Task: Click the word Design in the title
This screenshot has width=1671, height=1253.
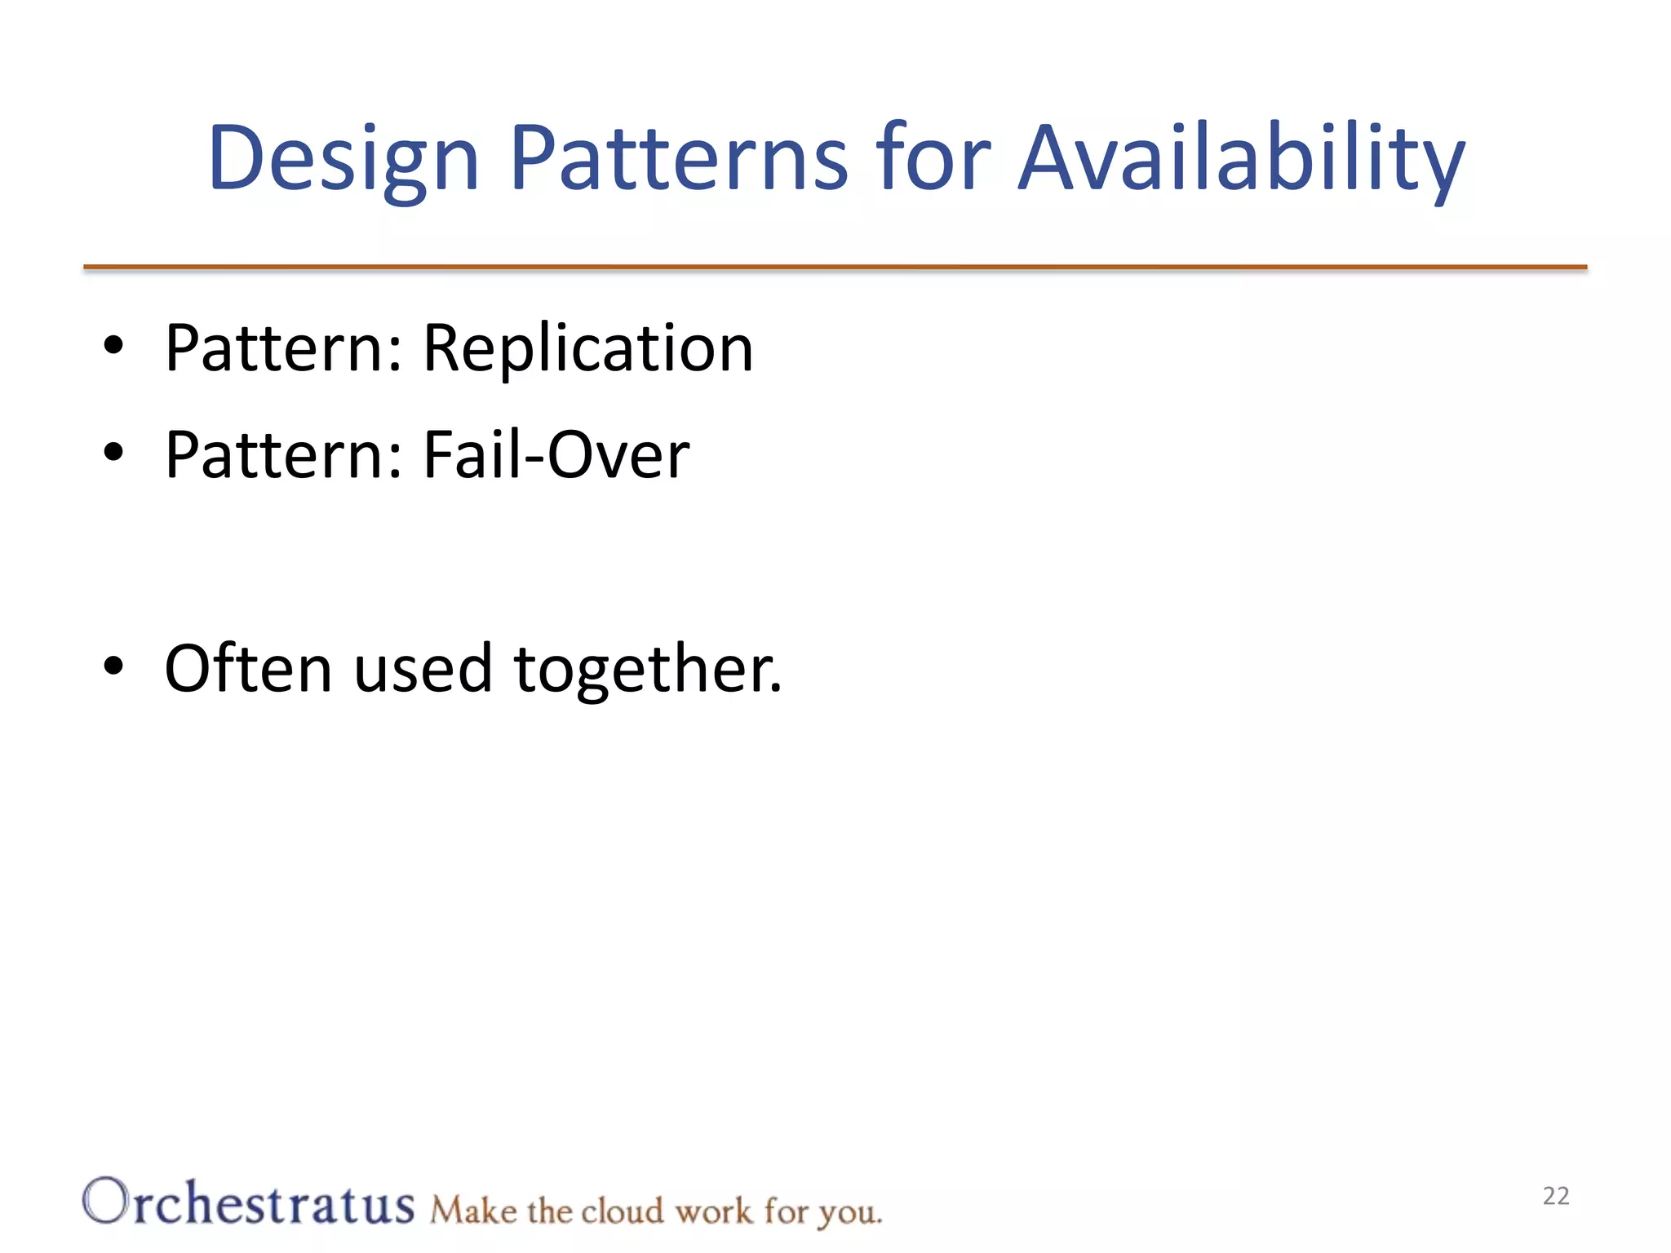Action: click(x=343, y=159)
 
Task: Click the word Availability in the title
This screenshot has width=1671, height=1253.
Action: click(x=1240, y=159)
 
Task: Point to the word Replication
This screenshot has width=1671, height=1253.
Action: click(x=587, y=349)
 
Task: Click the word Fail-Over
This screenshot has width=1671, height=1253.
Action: click(x=556, y=455)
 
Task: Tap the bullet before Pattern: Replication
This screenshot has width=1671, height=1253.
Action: click(x=113, y=346)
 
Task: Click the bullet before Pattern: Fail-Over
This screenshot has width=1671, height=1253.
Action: click(x=113, y=452)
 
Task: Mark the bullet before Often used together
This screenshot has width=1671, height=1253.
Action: click(x=113, y=666)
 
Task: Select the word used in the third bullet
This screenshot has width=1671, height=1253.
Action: click(x=422, y=669)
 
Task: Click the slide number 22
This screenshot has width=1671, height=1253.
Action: click(x=1555, y=1196)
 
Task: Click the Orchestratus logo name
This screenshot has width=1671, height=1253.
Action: click(x=249, y=1202)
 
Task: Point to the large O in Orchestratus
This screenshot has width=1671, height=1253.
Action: click(x=106, y=1201)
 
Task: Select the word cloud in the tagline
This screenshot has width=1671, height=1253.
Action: click(x=623, y=1211)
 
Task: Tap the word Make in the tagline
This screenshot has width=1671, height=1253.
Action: click(x=473, y=1211)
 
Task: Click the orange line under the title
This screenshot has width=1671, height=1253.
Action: click(x=835, y=267)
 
